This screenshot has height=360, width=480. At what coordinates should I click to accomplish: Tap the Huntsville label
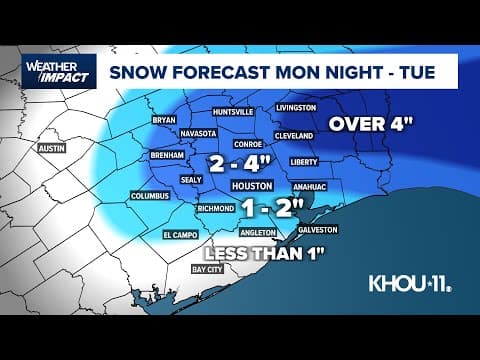(x=216, y=113)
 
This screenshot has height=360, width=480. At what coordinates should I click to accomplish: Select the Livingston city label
(x=296, y=107)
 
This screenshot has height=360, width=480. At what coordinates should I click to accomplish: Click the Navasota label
(x=198, y=132)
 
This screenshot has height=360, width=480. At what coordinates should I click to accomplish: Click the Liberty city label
(x=302, y=160)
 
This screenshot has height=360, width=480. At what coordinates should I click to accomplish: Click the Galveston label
(x=318, y=229)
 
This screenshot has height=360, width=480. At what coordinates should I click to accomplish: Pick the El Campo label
(x=181, y=235)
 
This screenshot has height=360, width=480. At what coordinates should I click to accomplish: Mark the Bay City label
(x=209, y=269)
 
